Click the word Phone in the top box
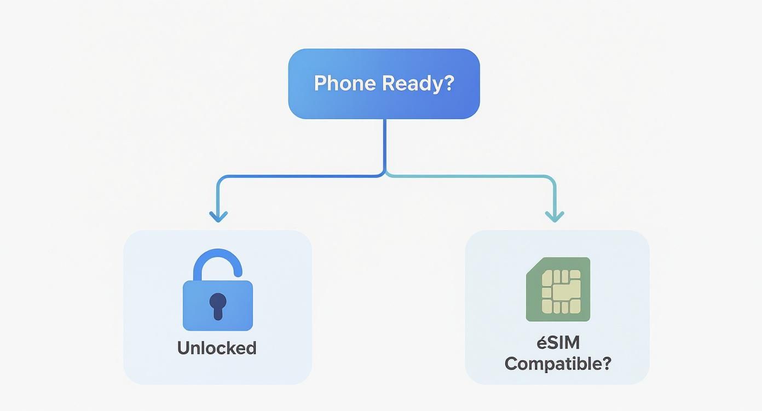[345, 83]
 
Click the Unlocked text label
[217, 348]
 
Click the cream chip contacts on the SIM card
[561, 291]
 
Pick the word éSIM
[558, 343]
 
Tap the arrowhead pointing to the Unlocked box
[218, 216]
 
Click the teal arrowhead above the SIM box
[554, 216]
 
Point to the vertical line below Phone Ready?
[385, 143]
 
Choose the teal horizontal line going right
[471, 176]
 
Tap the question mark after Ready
[449, 83]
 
